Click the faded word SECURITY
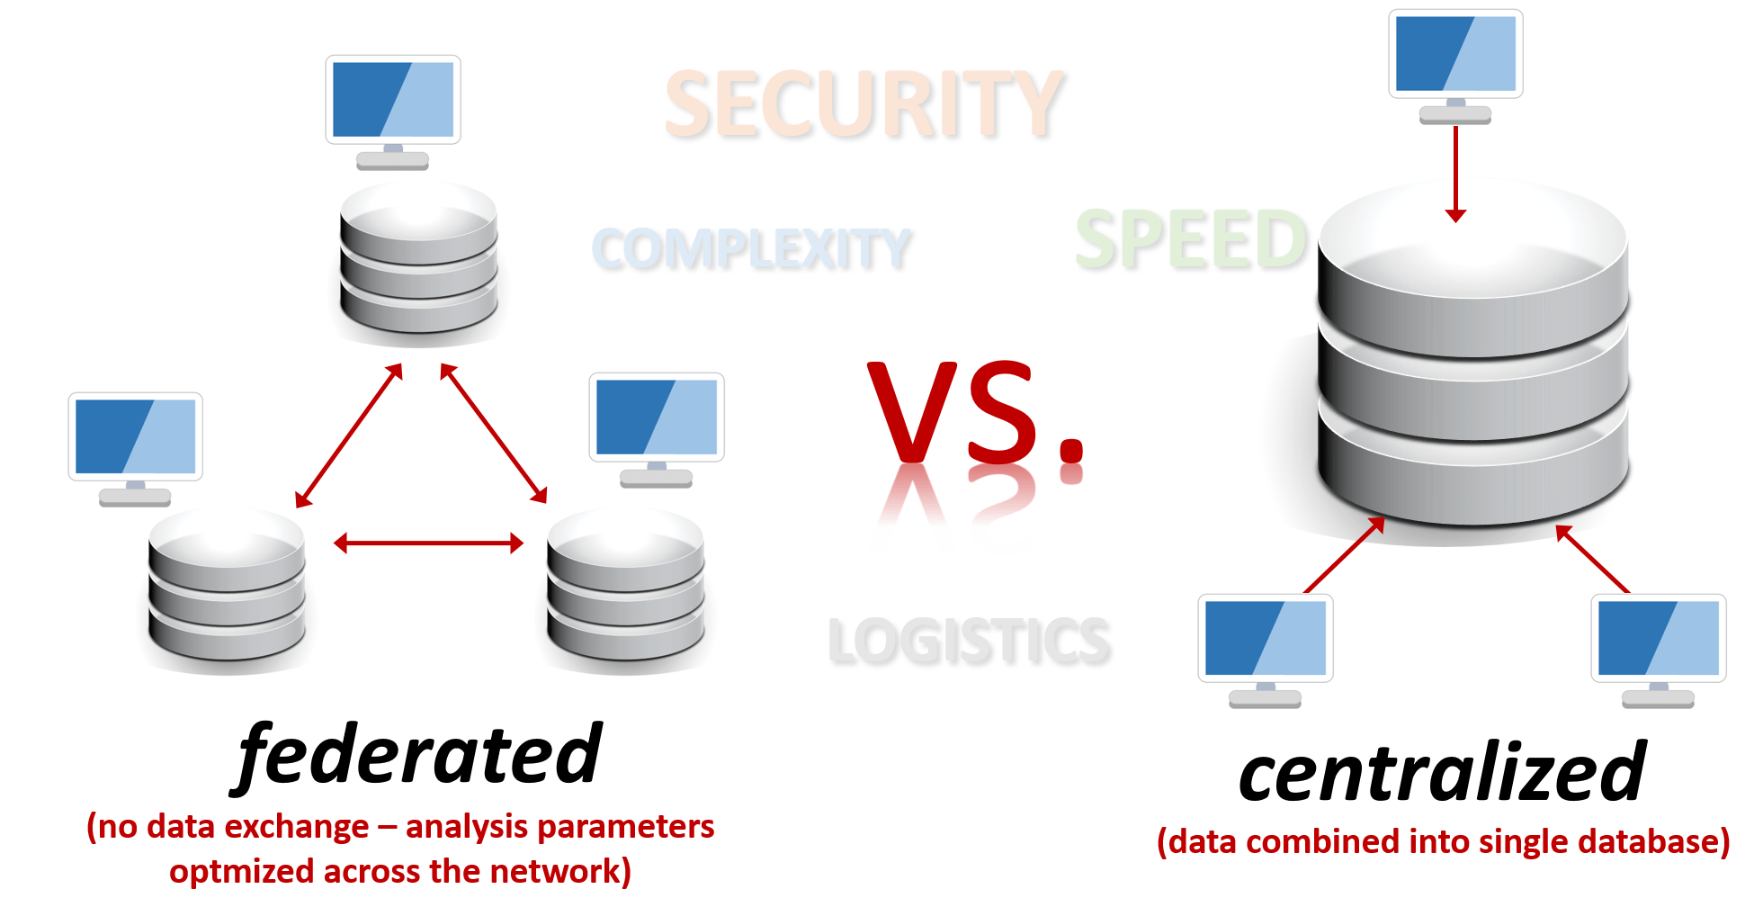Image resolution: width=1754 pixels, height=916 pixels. click(x=864, y=105)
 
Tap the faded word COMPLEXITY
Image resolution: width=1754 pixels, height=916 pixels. click(x=752, y=249)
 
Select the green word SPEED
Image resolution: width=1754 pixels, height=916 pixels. click(x=1191, y=239)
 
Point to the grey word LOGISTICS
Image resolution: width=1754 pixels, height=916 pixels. click(x=969, y=642)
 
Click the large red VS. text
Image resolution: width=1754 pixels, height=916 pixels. click(x=976, y=414)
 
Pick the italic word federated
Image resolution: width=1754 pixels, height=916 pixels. click(x=419, y=756)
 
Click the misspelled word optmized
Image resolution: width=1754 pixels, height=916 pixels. click(x=241, y=871)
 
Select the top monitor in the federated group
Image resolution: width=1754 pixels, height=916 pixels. click(x=393, y=101)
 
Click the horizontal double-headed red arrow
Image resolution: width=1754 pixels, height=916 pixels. click(x=428, y=543)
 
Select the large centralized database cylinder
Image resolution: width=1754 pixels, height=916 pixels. click(x=1472, y=360)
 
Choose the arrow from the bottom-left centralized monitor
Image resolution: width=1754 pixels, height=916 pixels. click(x=1344, y=555)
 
